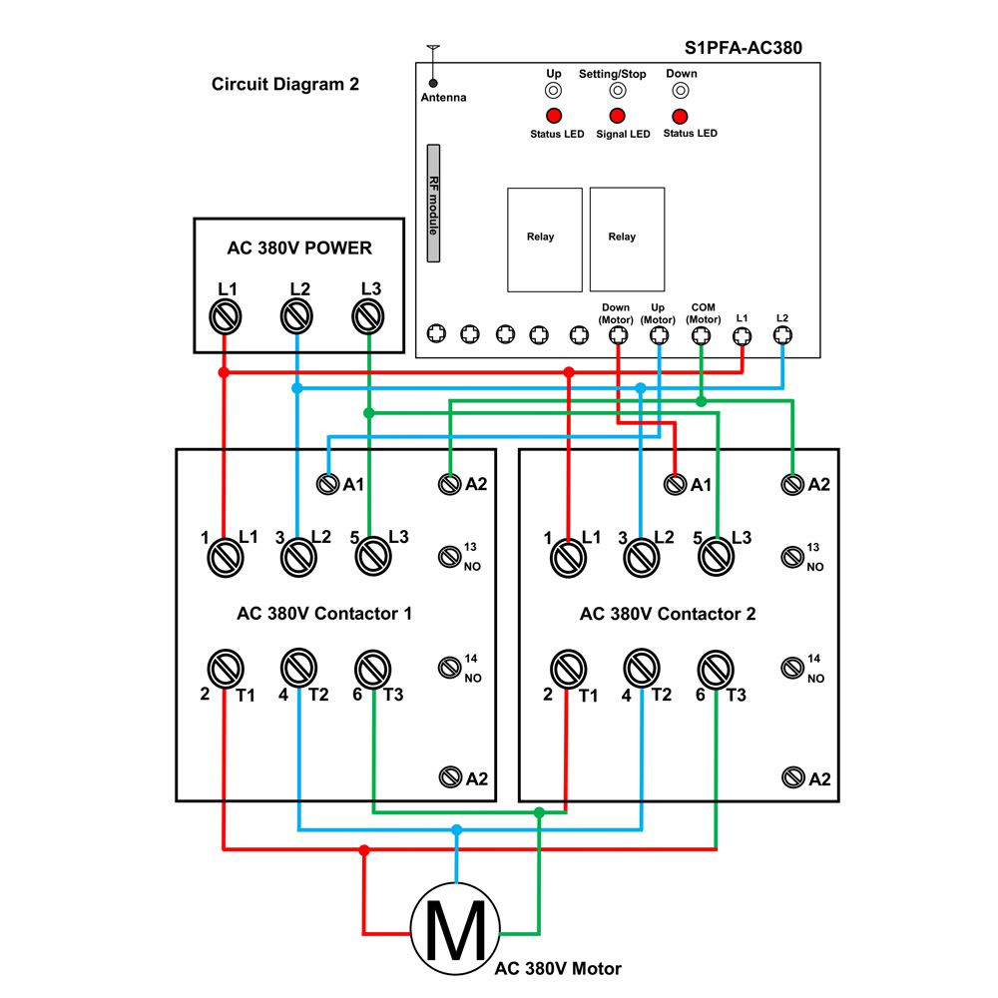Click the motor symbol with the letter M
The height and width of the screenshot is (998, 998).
[x=455, y=929]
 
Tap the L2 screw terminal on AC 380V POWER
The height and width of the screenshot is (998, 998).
[x=296, y=316]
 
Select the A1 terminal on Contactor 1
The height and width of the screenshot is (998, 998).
[x=327, y=484]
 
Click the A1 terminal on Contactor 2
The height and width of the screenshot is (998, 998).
[x=675, y=484]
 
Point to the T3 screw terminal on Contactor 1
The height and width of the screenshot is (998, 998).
[x=372, y=669]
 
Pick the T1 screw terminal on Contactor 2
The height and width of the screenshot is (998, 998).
[x=568, y=669]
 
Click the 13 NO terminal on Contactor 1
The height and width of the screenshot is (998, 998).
[x=449, y=557]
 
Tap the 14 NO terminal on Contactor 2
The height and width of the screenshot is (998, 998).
[x=792, y=668]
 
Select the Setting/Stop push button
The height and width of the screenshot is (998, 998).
[x=617, y=91]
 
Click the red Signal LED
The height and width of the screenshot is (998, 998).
[x=617, y=116]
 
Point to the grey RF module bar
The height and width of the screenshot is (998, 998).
[x=433, y=203]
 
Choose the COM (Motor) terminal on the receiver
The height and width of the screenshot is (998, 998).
[x=701, y=334]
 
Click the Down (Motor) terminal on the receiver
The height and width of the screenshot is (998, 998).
[x=618, y=334]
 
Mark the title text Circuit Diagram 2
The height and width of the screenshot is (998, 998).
[x=285, y=84]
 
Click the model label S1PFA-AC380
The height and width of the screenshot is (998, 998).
[x=743, y=48]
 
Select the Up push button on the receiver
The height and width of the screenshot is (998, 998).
[x=554, y=91]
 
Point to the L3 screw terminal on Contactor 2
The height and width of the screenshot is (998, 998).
[x=716, y=556]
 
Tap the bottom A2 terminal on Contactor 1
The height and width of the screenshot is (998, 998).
[x=450, y=777]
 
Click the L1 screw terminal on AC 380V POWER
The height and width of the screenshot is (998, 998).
[x=226, y=316]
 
